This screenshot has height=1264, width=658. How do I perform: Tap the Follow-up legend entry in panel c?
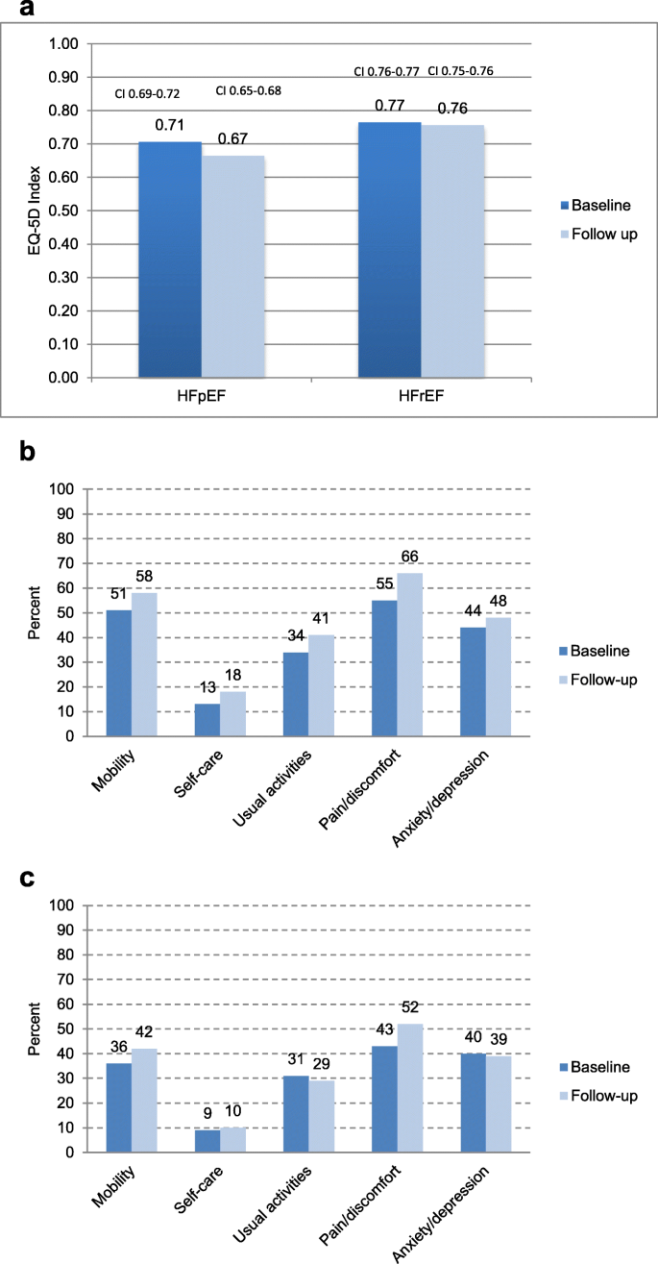(599, 1095)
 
